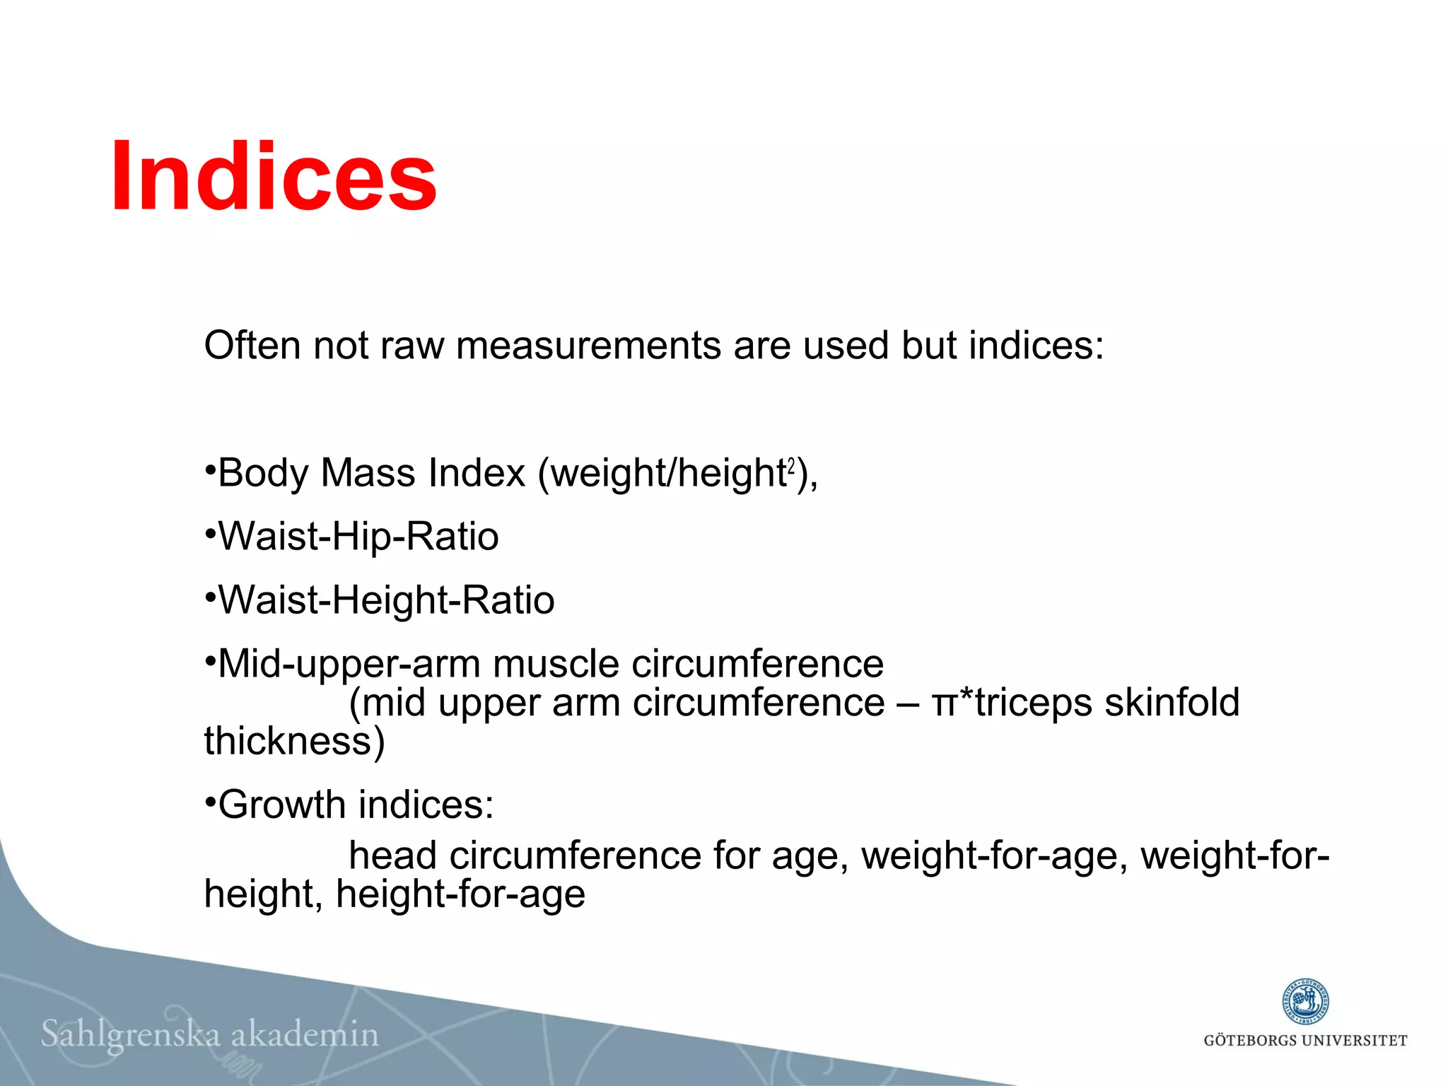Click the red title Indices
pos(274,177)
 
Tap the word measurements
pos(589,346)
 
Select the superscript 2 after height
pos(791,466)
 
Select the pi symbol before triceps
pos(944,704)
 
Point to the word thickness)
pos(294,742)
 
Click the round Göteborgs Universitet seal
pos(1305,1003)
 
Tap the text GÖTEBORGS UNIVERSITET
pos(1305,1041)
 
